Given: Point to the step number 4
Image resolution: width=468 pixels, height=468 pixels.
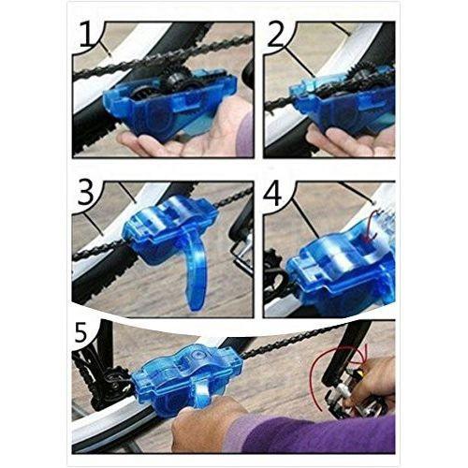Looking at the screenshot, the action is [272, 193].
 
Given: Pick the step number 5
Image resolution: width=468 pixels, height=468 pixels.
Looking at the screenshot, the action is [80, 334].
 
